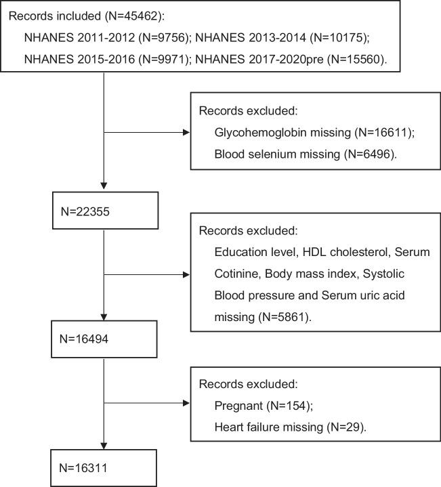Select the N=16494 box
105,339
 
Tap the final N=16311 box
105,467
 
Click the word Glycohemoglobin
254,133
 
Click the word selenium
266,154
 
